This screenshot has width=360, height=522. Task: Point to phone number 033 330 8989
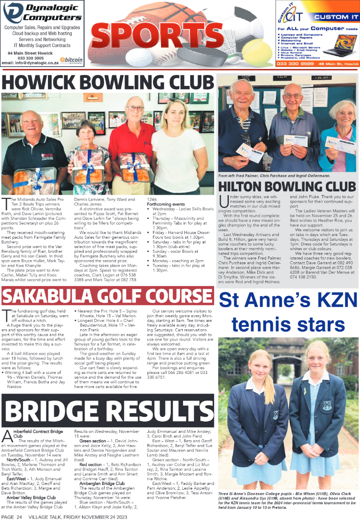[x=295, y=64]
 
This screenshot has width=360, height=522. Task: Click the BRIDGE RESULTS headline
[x=107, y=409]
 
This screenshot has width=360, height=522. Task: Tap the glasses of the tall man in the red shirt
[x=135, y=108]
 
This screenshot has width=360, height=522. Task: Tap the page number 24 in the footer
[x=19, y=517]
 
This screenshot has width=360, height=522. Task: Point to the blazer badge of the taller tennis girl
[x=276, y=414]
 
